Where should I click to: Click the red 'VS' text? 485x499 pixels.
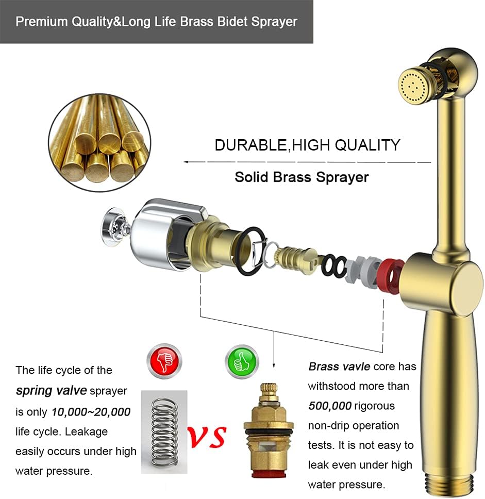(207, 436)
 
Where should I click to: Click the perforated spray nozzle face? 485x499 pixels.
(413, 84)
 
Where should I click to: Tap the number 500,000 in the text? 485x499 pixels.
(330, 406)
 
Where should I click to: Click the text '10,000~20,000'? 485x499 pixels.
(91, 411)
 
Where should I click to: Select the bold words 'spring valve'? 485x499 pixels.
(51, 390)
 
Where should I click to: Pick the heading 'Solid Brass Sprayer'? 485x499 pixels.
(302, 177)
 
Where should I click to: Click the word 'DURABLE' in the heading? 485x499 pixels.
(250, 145)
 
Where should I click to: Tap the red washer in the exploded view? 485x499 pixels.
(390, 276)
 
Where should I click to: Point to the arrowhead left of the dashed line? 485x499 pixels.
(187, 162)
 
